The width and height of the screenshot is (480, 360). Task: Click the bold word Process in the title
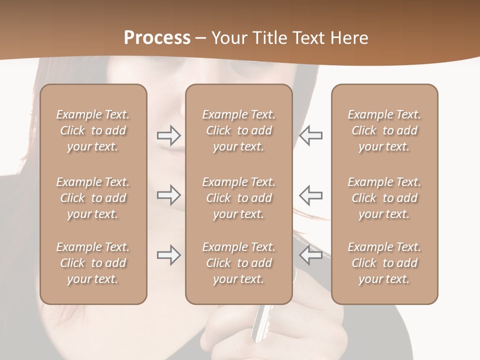[x=157, y=38]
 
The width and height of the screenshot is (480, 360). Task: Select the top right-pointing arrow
[x=168, y=135]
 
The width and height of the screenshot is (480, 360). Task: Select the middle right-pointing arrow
[x=168, y=195]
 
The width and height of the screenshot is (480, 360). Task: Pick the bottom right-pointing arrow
[x=168, y=255]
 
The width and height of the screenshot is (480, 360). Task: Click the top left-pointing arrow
[x=310, y=135]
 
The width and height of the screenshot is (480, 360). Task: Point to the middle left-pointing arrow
[x=310, y=195]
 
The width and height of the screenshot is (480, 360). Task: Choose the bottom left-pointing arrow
[x=310, y=255]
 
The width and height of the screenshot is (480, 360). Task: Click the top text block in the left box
[x=93, y=130]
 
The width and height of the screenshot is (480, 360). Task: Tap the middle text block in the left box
[x=93, y=198]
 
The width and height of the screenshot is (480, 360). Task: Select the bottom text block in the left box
[x=93, y=263]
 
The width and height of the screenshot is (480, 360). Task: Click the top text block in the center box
[x=238, y=130]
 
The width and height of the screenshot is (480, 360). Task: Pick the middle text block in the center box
[x=238, y=198]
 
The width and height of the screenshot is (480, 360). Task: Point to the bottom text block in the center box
[x=238, y=263]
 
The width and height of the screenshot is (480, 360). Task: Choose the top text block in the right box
[x=384, y=130]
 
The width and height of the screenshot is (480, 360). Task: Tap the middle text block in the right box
[x=384, y=198]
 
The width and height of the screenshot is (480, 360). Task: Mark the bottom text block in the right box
[x=384, y=263]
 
